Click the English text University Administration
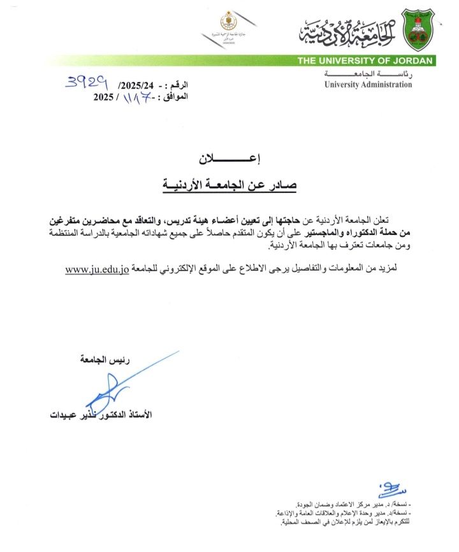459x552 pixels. click(368, 85)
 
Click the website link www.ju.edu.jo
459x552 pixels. click(97, 269)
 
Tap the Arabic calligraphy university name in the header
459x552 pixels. click(348, 30)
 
